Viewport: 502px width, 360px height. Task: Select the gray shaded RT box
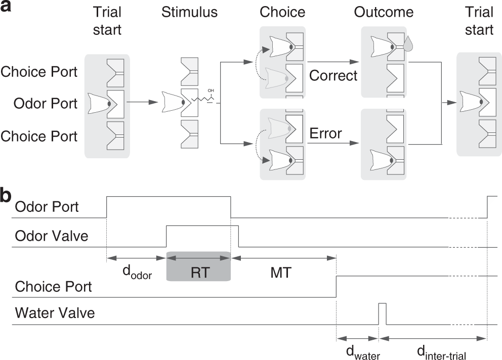click(x=198, y=265)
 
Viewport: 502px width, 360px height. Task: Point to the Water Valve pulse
click(x=382, y=313)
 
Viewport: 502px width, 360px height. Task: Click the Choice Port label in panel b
click(x=54, y=286)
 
